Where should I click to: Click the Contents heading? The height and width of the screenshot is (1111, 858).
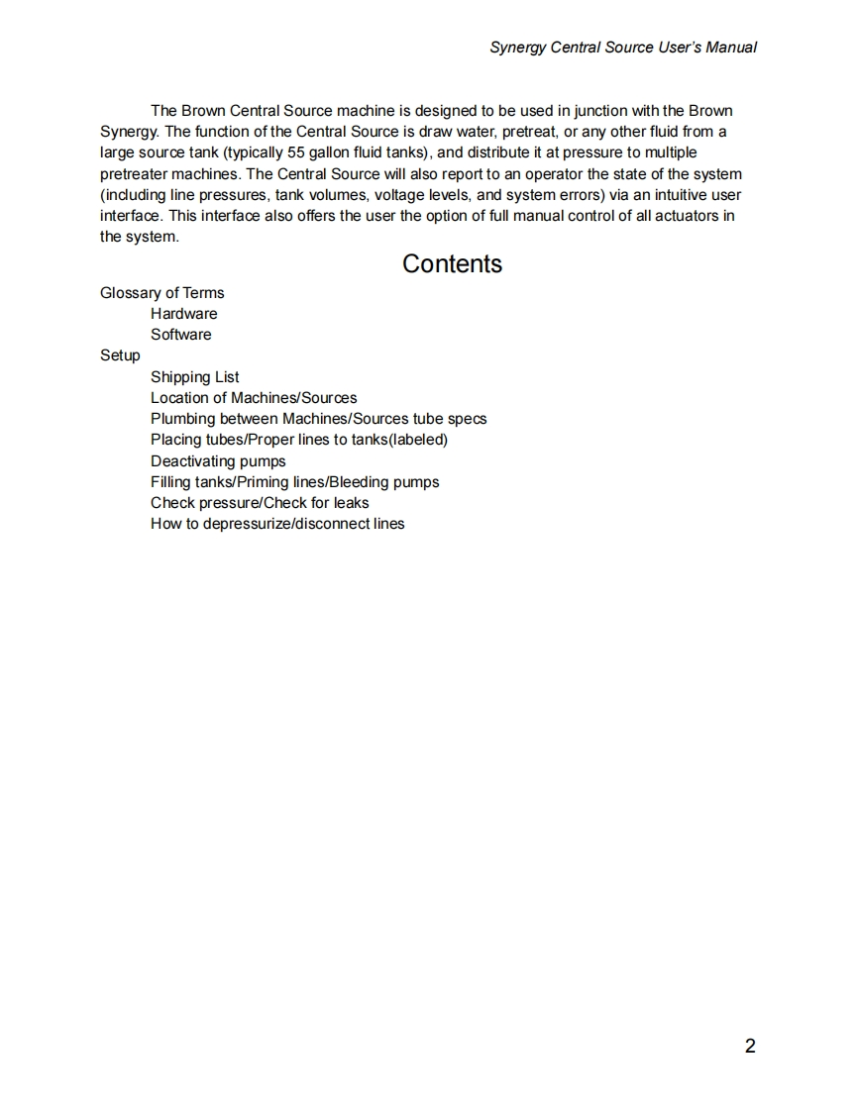point(452,264)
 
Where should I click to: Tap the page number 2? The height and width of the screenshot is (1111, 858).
point(750,1046)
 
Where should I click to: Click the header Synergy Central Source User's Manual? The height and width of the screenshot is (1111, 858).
point(623,47)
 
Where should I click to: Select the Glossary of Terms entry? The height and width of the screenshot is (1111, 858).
point(162,293)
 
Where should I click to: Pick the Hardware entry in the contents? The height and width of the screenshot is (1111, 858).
point(183,314)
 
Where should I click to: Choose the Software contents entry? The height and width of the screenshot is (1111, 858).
point(180,335)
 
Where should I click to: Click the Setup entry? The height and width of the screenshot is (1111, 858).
point(120,355)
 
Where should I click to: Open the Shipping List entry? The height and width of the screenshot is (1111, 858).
point(194,377)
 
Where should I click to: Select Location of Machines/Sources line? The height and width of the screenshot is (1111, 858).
point(254,398)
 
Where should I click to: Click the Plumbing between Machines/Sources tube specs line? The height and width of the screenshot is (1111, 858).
point(318,419)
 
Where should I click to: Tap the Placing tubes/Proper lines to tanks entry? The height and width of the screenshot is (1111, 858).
point(299,440)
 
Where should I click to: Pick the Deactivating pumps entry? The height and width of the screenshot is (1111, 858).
point(218,461)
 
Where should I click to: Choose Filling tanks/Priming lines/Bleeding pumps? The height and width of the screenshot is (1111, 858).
point(294,482)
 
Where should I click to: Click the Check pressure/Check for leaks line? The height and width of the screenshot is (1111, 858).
point(260,503)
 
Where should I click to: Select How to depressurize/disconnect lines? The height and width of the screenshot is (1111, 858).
point(277,524)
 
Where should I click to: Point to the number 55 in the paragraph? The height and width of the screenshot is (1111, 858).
point(295,152)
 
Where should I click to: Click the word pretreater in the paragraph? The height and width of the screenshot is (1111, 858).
point(136,173)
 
